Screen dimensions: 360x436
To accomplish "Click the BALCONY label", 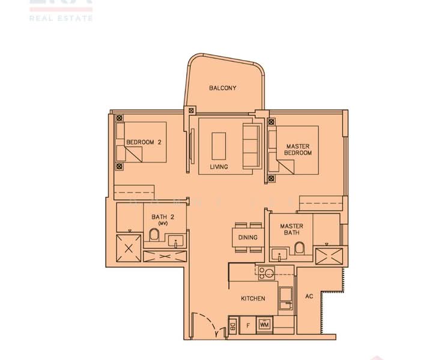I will [x=222, y=88].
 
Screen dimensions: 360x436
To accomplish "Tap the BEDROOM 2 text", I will [x=144, y=142].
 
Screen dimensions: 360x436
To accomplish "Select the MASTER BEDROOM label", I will [x=298, y=149].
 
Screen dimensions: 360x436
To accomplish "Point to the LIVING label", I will [x=219, y=167].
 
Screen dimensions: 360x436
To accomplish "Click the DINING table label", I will [x=247, y=238].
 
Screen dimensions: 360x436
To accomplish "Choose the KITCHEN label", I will [x=253, y=298].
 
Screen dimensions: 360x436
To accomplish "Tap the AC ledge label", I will [x=309, y=296].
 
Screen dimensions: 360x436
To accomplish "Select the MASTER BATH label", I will [x=291, y=230].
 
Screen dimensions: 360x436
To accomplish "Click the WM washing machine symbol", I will [x=264, y=325].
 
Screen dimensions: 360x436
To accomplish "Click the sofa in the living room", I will [x=250, y=144].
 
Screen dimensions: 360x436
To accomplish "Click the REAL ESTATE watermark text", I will [x=61, y=19].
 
